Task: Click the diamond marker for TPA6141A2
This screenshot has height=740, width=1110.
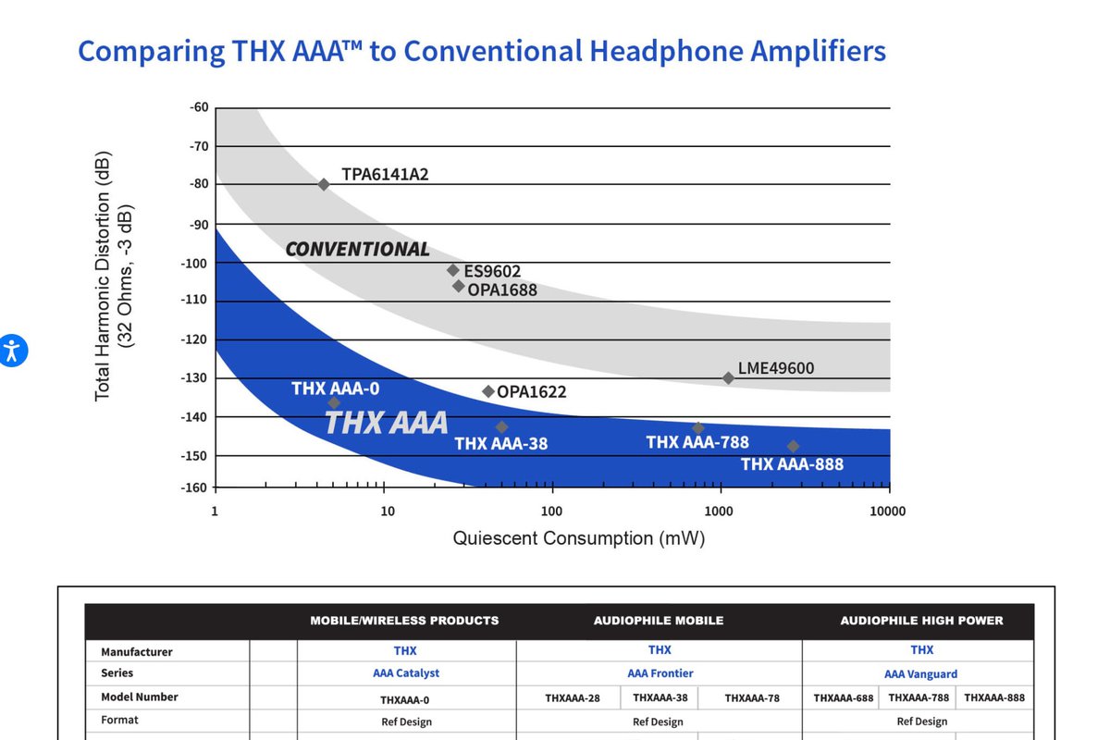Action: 324,185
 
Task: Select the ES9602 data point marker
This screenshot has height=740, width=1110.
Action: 453,270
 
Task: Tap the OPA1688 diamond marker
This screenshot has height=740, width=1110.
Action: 459,286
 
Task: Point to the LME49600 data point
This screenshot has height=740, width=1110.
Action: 728,378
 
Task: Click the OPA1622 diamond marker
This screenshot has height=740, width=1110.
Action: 488,391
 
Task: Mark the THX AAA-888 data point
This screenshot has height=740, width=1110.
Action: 793,446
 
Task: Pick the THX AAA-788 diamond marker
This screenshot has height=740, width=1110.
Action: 698,427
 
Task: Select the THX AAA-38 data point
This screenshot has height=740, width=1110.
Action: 501,426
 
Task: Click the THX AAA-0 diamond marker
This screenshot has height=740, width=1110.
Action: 334,403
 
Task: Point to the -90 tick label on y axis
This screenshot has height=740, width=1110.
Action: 199,225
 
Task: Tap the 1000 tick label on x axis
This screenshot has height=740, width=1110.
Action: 719,511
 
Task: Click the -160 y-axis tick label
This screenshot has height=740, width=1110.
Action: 194,487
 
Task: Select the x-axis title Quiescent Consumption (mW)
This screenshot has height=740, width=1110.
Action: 579,538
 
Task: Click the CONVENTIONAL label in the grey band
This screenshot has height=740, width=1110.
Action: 357,250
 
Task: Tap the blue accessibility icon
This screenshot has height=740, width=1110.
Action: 12,351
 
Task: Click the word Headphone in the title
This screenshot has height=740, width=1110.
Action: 666,52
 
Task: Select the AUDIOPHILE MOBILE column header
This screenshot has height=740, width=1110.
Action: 659,621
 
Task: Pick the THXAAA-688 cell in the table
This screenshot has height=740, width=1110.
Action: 844,697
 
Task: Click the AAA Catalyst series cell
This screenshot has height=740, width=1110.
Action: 406,673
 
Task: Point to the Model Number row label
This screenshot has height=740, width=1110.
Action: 140,697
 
